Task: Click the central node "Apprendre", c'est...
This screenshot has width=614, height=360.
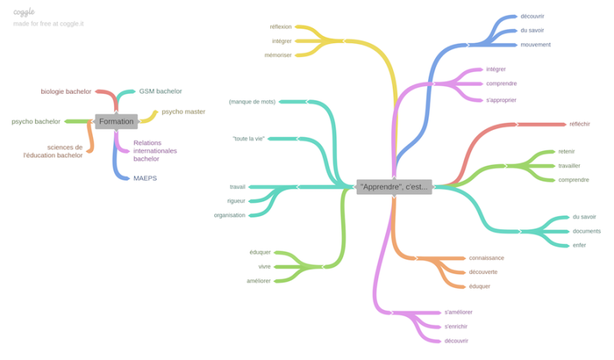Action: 394,187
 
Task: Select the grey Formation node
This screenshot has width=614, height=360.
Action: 117,121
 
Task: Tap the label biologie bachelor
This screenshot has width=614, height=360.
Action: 66,91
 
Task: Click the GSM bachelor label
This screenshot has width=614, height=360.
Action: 160,91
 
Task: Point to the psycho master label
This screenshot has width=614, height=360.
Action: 183,111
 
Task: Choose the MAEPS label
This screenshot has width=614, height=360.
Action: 145,178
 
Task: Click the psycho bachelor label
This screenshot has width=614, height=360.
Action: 36,121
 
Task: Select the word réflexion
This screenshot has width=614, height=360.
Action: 281,27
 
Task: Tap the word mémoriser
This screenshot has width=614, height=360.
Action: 278,55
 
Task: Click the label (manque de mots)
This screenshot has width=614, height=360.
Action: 253,102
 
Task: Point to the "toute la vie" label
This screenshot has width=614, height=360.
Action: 249,139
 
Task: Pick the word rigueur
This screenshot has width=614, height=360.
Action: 236,201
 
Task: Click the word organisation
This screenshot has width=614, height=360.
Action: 229,215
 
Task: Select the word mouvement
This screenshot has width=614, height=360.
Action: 535,45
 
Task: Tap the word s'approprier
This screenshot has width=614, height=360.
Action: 501,101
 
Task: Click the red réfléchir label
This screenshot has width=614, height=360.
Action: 579,124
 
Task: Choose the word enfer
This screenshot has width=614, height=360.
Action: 579,245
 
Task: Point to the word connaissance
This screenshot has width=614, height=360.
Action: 487,258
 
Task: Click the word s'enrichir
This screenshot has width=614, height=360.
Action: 456,326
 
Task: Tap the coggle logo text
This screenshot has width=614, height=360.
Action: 24,12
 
